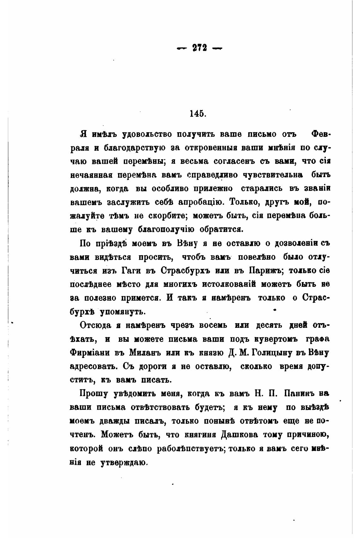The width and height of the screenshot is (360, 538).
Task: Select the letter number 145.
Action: (x=198, y=114)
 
